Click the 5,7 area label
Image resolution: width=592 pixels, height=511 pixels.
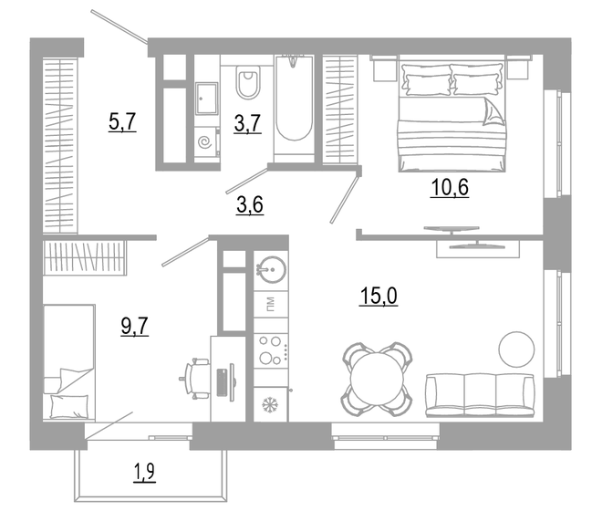coord(122,121)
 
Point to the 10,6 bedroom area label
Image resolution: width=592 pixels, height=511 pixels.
coord(450,189)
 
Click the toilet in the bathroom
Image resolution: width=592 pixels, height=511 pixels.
coord(246,84)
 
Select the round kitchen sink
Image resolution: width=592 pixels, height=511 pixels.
coord(270,269)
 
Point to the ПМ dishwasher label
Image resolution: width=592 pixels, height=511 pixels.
coord(270,303)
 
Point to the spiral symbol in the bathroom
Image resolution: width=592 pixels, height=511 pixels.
coord(206,143)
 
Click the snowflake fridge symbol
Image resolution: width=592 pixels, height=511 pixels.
coord(270,403)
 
